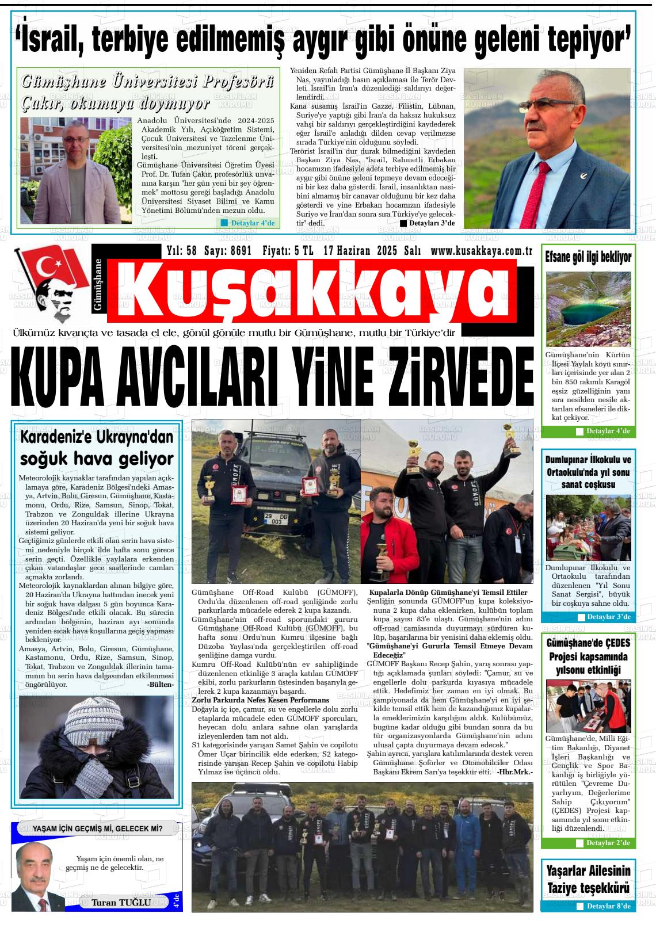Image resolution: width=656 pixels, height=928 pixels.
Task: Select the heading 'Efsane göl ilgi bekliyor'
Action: coord(588,257)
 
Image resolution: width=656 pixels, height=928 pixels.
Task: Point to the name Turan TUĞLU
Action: coord(121,902)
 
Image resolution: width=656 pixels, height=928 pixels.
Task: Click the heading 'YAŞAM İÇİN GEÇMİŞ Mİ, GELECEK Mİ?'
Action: coord(97,829)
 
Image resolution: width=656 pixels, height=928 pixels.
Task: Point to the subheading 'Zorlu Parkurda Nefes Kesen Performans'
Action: coord(260,700)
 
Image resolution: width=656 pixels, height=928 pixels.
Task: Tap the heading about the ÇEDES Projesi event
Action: coord(588,656)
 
